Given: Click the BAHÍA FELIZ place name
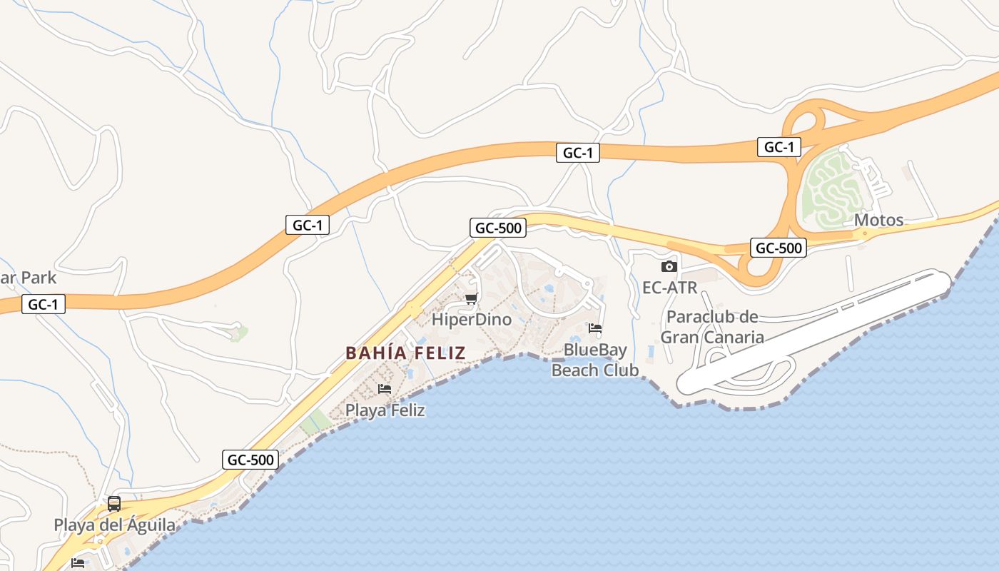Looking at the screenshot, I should [405, 353].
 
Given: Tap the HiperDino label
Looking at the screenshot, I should [472, 319].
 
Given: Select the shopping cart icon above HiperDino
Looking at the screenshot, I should [471, 298].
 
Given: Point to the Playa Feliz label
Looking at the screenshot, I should [385, 410].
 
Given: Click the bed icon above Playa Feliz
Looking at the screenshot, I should [385, 389].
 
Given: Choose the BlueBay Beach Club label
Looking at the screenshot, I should [595, 360].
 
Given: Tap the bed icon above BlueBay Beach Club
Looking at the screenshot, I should [595, 328].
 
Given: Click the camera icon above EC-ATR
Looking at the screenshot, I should [669, 266].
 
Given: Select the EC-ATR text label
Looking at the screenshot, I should [669, 288].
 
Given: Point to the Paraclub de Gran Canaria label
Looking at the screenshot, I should [712, 327].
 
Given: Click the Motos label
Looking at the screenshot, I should [878, 220].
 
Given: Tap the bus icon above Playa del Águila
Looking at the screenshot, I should [114, 504].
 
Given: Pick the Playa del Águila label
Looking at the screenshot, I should [114, 525].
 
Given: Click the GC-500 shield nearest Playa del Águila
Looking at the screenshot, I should [250, 460].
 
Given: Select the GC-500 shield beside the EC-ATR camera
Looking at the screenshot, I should [779, 248].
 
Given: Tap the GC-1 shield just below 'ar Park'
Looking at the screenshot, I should [44, 305].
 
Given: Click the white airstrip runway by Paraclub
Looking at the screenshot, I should [813, 331].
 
